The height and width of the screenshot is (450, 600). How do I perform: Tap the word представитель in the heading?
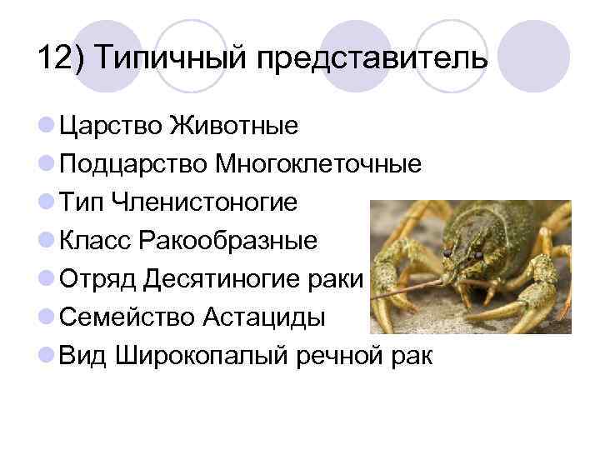(368, 60)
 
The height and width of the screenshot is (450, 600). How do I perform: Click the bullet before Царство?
(47, 127)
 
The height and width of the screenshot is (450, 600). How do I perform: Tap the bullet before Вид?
(47, 357)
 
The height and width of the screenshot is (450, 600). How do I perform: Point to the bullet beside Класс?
(47, 242)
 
